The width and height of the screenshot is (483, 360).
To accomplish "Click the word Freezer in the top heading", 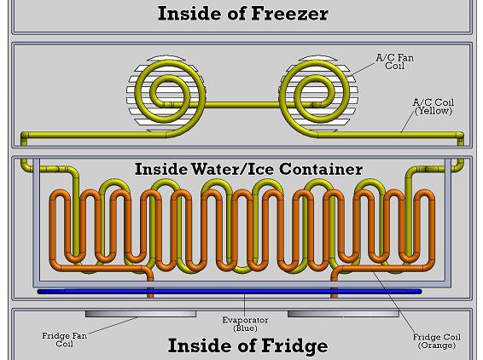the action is pos(290,14).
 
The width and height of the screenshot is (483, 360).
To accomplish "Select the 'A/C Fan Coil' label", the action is pos(394,61).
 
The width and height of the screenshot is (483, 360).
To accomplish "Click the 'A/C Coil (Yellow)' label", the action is pos(434,107).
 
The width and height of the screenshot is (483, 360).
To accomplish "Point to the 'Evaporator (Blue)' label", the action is pos(245,324).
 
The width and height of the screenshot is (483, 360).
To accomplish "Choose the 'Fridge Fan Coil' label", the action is pos(64,340).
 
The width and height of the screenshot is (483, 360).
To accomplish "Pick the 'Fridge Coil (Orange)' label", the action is pos(436,341).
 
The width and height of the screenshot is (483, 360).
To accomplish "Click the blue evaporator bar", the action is pos(230,291).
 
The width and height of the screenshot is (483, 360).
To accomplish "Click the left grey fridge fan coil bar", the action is pos(141,313).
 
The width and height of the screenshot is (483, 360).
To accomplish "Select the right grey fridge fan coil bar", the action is pos(343,313).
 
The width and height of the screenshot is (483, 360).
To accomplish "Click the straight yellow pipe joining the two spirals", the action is pos(241,105).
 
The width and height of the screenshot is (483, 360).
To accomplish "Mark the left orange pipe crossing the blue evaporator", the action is pos(150,291).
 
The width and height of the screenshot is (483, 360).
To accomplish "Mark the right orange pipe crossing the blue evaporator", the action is pos(335,291).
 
